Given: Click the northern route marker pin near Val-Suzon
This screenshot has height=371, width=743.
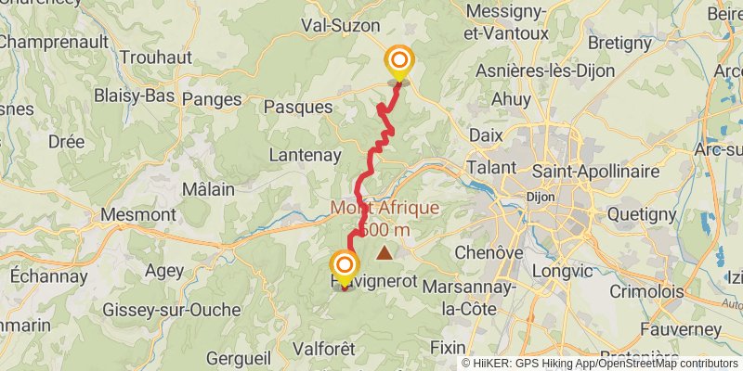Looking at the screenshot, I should (x=399, y=62).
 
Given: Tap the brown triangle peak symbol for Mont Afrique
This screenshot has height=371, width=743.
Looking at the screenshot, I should (x=384, y=251).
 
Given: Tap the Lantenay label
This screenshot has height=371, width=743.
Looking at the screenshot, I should (x=304, y=155).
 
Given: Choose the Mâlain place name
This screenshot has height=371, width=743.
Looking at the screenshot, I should (x=208, y=188).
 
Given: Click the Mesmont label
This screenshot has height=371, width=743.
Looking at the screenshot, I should (x=137, y=214).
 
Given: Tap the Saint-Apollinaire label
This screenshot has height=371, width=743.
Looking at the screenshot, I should (x=596, y=172).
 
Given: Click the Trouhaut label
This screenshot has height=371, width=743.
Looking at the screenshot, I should (x=155, y=57).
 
